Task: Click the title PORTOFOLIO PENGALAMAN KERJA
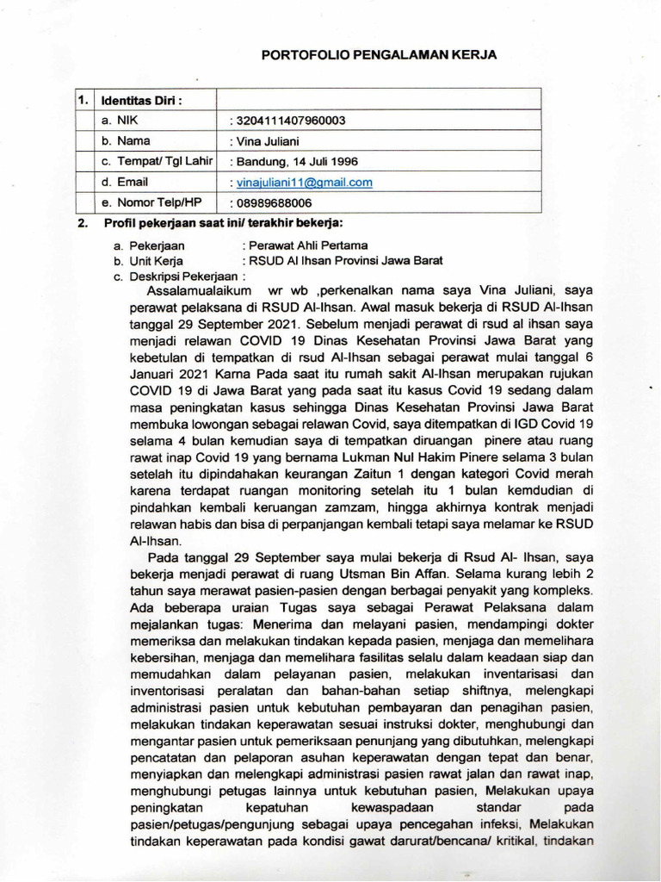[380, 54]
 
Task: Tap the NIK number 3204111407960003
[288, 121]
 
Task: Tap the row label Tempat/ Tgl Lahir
[157, 161]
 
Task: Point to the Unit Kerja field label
[155, 261]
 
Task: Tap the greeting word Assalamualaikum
[190, 292]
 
